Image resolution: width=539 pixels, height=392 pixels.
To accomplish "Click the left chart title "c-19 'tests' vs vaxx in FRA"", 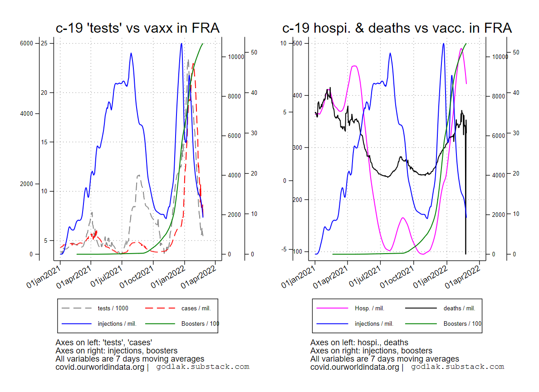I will (137, 28).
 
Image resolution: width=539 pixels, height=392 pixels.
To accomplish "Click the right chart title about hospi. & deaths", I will (397, 28).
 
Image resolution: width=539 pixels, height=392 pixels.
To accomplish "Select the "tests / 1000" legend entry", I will (113, 309).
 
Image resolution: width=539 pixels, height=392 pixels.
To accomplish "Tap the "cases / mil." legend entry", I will (196, 309).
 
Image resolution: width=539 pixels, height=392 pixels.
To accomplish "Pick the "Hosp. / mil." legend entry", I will (369, 309).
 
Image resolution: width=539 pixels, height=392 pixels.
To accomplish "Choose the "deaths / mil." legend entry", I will (459, 309).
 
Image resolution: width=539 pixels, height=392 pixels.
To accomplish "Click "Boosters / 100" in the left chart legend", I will (200, 324).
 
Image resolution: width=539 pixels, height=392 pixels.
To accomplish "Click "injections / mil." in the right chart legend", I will (374, 324).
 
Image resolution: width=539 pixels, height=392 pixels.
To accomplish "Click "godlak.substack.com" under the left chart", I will (203, 367).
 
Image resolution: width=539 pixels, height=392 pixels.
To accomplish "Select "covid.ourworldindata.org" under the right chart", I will (354, 367).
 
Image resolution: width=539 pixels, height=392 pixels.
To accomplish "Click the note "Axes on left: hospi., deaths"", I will (359, 343).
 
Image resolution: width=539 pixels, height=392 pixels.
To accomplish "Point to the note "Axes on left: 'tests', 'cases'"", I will (103, 343).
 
